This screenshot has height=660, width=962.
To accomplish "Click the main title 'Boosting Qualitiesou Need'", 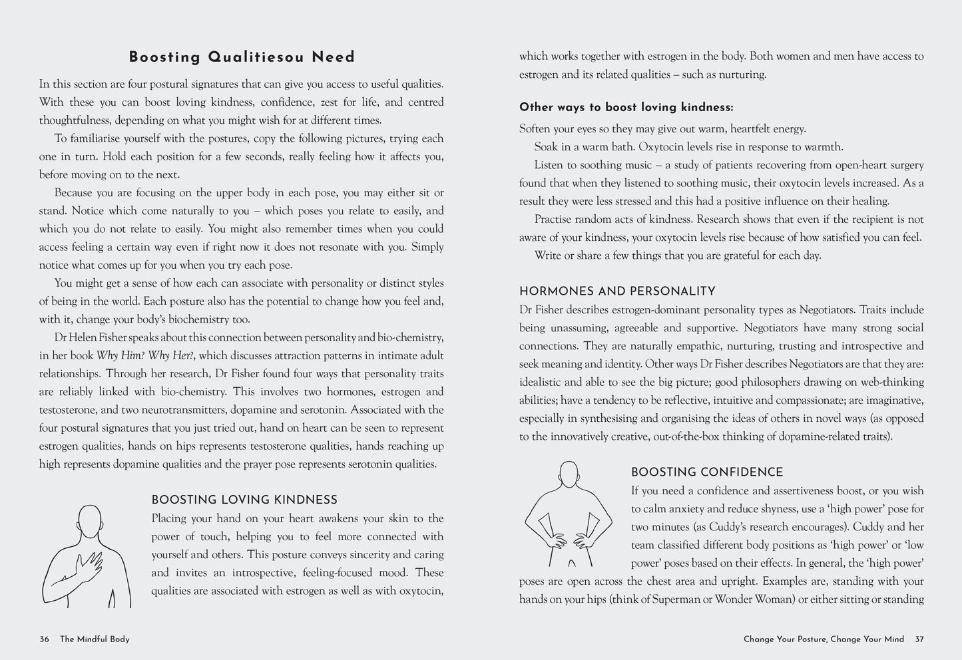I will pyautogui.click(x=242, y=57).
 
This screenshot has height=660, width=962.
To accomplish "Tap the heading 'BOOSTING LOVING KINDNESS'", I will pyautogui.click(x=244, y=500).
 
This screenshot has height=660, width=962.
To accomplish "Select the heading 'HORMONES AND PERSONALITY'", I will pyautogui.click(x=617, y=291).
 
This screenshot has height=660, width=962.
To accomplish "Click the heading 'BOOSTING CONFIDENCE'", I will pyautogui.click(x=707, y=472).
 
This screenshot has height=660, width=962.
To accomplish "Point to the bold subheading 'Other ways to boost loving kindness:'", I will pyautogui.click(x=626, y=107).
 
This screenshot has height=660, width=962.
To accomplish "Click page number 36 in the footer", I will pyautogui.click(x=45, y=639).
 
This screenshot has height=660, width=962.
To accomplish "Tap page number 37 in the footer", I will pyautogui.click(x=919, y=639).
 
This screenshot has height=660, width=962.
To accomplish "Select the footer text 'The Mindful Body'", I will pyautogui.click(x=95, y=639).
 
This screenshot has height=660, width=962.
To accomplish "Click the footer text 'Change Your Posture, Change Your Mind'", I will pyautogui.click(x=824, y=639).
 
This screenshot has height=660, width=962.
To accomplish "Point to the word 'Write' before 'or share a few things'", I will pyautogui.click(x=548, y=255).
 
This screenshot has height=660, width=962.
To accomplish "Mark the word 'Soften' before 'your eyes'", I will pyautogui.click(x=536, y=129).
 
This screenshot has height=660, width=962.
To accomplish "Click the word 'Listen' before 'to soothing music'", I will pyautogui.click(x=550, y=165).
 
